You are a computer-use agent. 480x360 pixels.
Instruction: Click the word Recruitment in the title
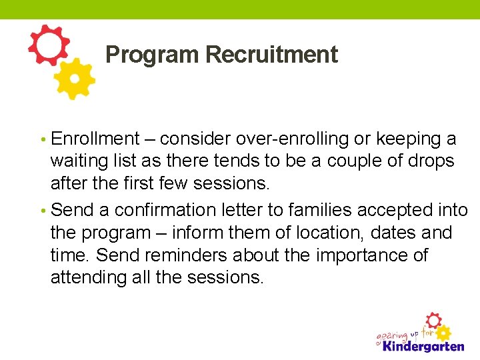click(271, 55)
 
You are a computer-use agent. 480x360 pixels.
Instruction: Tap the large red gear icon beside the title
click(49, 45)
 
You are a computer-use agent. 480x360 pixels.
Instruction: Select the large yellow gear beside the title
click(74, 79)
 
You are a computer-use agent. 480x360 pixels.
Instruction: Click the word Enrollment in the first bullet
click(95, 139)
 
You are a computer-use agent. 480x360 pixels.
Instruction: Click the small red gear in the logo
click(433, 320)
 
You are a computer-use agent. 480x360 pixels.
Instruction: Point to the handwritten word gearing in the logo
click(393, 333)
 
